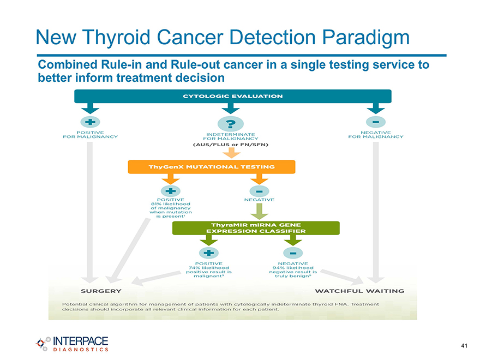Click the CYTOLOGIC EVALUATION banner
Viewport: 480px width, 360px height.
(x=233, y=96)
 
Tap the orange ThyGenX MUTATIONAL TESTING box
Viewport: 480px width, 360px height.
(x=212, y=167)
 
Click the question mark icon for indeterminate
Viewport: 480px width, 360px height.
(x=231, y=124)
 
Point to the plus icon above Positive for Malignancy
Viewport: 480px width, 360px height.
(x=90, y=122)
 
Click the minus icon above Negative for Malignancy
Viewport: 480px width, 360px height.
(x=376, y=122)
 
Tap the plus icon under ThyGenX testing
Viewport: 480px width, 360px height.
(x=171, y=191)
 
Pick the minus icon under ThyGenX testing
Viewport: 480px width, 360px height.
(x=259, y=191)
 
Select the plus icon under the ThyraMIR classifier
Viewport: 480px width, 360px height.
(x=209, y=253)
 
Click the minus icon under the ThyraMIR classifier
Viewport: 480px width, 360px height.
(x=293, y=253)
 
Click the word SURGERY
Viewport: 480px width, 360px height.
(x=101, y=291)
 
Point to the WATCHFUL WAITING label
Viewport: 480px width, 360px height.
(x=359, y=291)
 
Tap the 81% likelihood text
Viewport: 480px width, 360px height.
(x=171, y=204)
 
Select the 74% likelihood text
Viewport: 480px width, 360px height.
(x=209, y=268)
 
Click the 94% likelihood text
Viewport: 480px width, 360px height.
(x=293, y=268)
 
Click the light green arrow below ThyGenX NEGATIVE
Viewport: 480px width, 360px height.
(x=259, y=212)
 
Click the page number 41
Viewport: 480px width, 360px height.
(x=464, y=346)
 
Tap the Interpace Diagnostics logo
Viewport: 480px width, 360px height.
(x=72, y=344)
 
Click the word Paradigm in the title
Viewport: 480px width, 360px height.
(x=365, y=38)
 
